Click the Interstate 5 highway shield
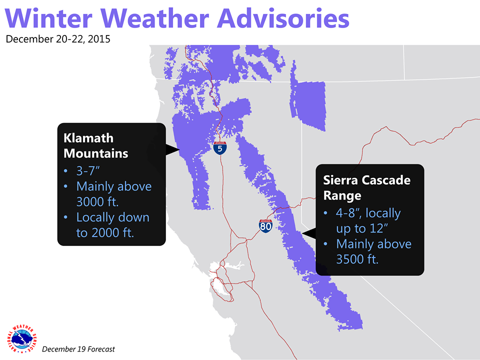tap(220, 148)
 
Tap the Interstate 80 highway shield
tap(265, 226)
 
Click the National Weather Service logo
tap(21, 339)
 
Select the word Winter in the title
tap(48, 18)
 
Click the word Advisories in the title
tap(283, 18)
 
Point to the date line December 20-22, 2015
tap(58, 39)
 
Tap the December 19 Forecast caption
tap(78, 349)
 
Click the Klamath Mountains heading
tap(95, 145)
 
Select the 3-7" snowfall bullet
tap(88, 171)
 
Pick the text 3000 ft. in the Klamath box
tap(97, 201)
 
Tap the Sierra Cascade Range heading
tap(366, 187)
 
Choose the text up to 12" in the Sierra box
tap(362, 228)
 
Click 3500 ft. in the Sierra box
tap(357, 259)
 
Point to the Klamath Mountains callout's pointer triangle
tap(172, 149)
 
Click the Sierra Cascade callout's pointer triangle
tap(309, 233)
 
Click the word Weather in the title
tap(154, 18)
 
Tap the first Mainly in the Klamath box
tap(95, 186)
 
